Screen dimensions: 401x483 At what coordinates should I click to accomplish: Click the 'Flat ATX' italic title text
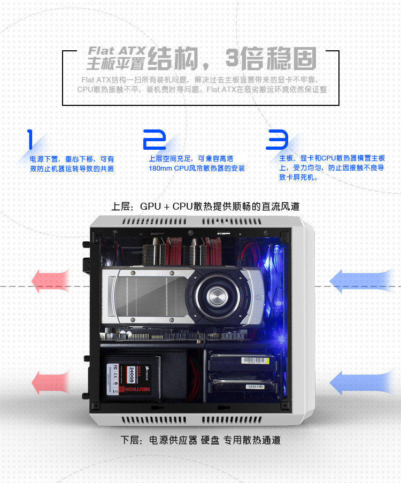(x=116, y=51)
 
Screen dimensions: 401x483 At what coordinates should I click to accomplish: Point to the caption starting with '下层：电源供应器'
(x=200, y=440)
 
